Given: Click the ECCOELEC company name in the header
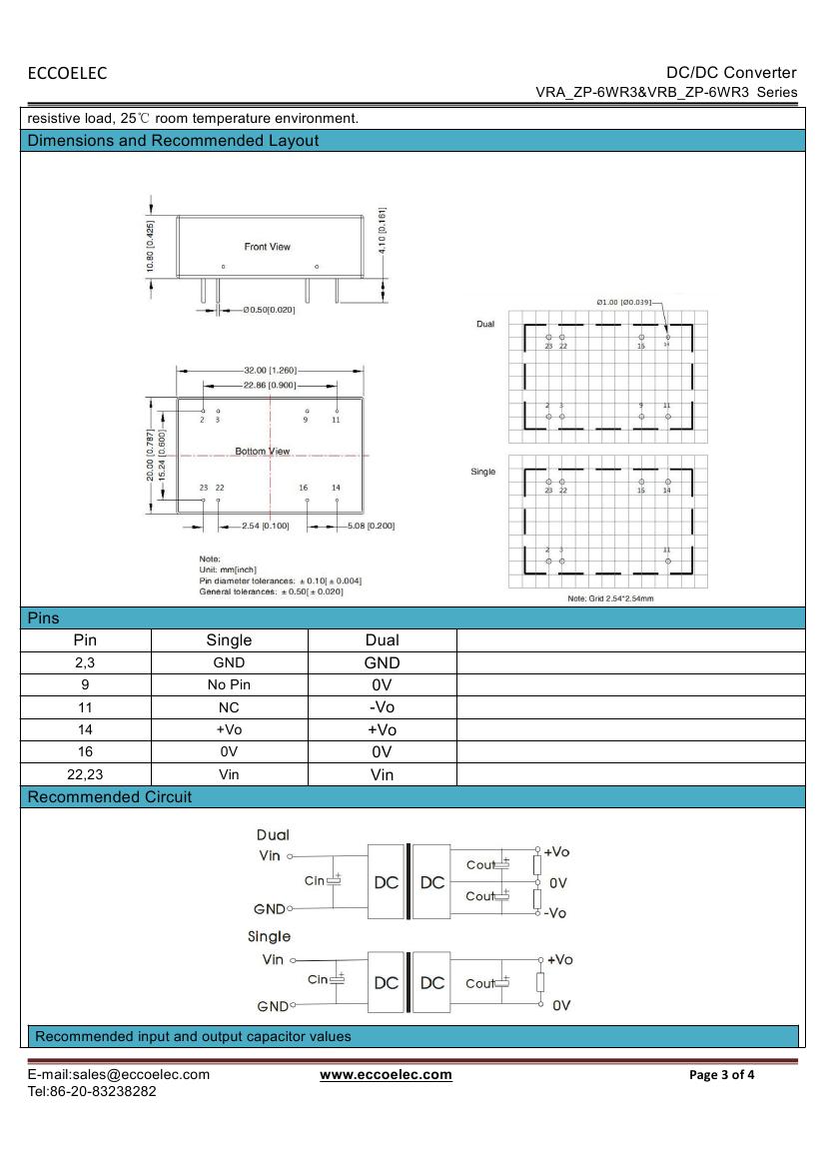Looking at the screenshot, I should pos(67,73).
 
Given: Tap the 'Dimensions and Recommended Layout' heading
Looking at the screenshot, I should pos(173,141).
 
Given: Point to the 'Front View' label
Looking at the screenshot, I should pos(267,247).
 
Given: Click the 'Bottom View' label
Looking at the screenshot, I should pos(263,452).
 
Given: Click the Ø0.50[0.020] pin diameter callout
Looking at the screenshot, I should pos(268,310).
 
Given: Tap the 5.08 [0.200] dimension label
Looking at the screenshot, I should pos(371,526).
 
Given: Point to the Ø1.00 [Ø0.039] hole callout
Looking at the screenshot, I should pos(623,301).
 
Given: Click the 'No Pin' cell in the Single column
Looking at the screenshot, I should pos(229,685).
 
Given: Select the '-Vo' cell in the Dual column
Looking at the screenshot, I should pos(382,707).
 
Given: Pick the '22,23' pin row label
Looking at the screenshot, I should pos(85,774).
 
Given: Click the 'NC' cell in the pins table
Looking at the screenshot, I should pos(229,707).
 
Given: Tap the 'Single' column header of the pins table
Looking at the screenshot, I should pos(229,640).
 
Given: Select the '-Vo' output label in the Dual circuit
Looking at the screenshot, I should pos(555,913).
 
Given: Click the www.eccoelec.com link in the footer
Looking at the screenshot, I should pos(386,1075).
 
